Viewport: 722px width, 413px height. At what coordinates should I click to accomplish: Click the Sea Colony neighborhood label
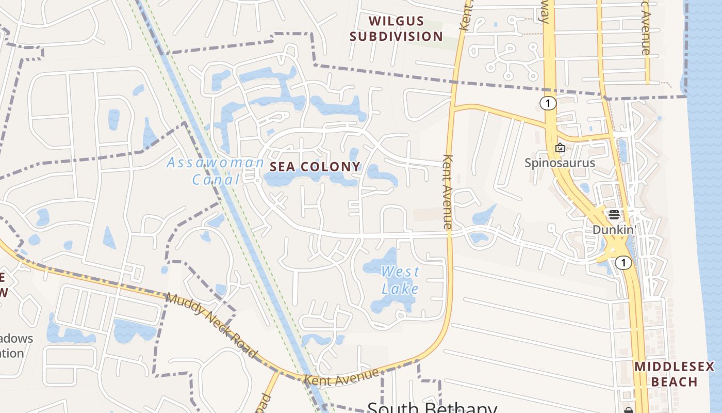pos(315,167)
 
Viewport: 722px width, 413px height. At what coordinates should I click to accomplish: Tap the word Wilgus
pos(397,22)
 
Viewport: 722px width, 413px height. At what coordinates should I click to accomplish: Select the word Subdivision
pos(397,36)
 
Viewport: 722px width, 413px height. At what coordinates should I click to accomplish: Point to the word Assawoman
pos(215,163)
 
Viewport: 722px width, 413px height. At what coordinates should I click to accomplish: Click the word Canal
pos(216,180)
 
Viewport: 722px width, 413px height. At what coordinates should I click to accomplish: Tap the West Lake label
pos(400,280)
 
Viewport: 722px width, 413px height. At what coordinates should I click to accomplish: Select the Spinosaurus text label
pos(560,163)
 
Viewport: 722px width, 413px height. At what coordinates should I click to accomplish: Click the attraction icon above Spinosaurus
pos(560,148)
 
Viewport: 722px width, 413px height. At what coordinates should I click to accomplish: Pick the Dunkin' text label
pos(614,229)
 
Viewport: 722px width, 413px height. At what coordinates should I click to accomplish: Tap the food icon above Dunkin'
pos(614,215)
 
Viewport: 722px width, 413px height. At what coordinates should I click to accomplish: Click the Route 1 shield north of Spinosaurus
pos(548,103)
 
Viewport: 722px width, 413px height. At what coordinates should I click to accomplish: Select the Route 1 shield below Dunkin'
pos(623,263)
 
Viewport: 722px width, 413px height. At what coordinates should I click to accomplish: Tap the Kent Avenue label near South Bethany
pos(342,377)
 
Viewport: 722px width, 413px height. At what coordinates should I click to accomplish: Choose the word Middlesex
pos(674,367)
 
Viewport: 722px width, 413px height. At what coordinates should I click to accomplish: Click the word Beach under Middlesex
pos(674,382)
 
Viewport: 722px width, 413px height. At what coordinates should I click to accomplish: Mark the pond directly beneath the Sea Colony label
pos(309,179)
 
